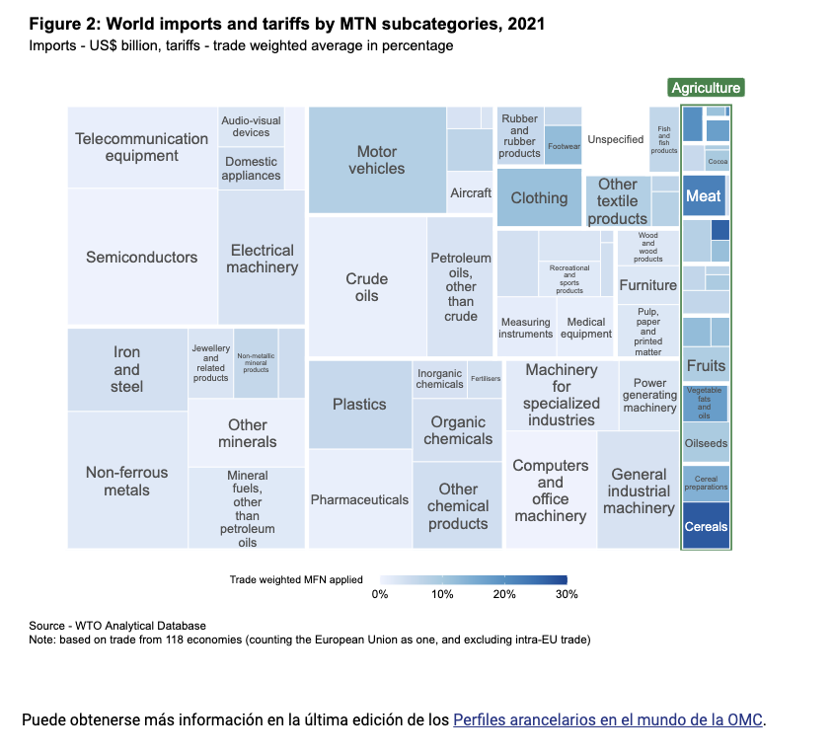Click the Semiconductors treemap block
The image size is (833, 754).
(x=141, y=257)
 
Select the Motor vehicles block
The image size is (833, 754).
(x=377, y=160)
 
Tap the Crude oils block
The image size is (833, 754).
(x=366, y=286)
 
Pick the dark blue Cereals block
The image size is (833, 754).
(x=706, y=525)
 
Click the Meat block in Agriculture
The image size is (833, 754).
(x=704, y=195)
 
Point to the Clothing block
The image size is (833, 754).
(x=539, y=197)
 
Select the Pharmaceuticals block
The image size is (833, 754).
(x=359, y=499)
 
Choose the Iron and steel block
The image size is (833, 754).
(x=126, y=369)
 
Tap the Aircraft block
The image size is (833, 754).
(x=470, y=192)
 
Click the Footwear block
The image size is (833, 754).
(x=564, y=145)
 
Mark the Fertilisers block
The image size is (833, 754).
(x=486, y=379)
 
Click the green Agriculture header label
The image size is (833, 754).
(x=705, y=88)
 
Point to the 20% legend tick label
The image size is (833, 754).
(x=504, y=594)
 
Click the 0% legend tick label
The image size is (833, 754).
(x=379, y=594)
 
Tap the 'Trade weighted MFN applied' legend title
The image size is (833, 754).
(x=296, y=579)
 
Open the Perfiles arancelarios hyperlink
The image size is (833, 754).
(x=608, y=719)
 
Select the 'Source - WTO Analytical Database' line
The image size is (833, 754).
(x=117, y=626)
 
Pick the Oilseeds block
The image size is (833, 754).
(x=706, y=443)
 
